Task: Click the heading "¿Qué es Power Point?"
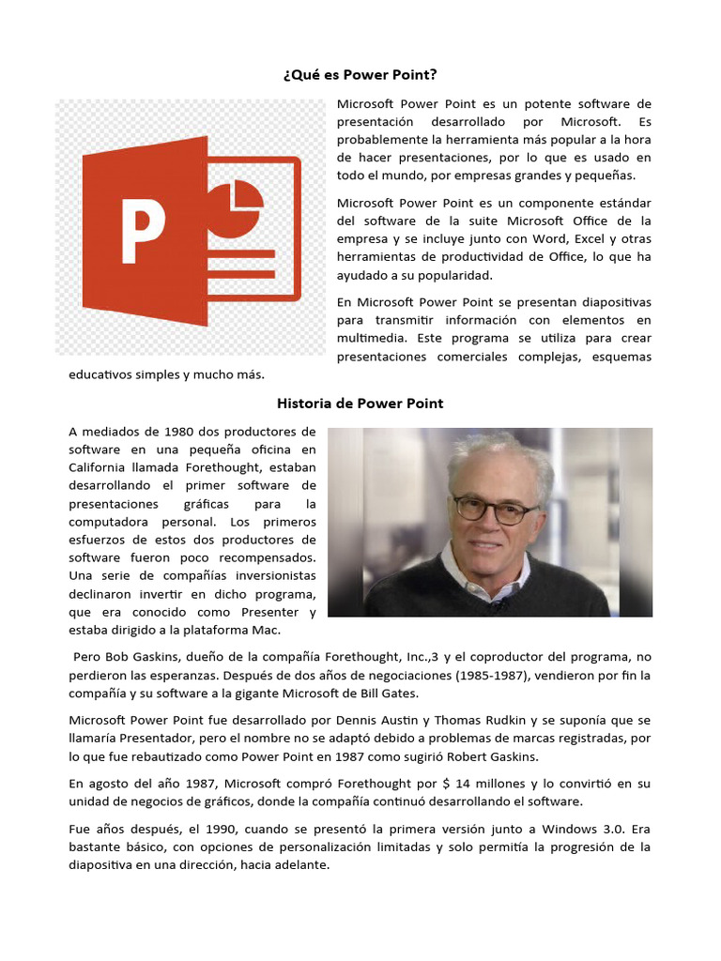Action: [360, 75]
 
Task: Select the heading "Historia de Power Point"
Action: [360, 404]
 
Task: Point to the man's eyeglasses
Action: [494, 510]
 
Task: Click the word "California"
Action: [102, 467]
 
